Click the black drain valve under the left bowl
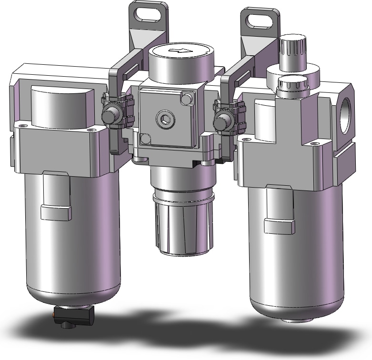point(71,316)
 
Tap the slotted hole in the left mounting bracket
point(148,14)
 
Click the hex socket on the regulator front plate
point(165,118)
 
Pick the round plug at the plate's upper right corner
point(187,99)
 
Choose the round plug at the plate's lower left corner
point(144,139)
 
